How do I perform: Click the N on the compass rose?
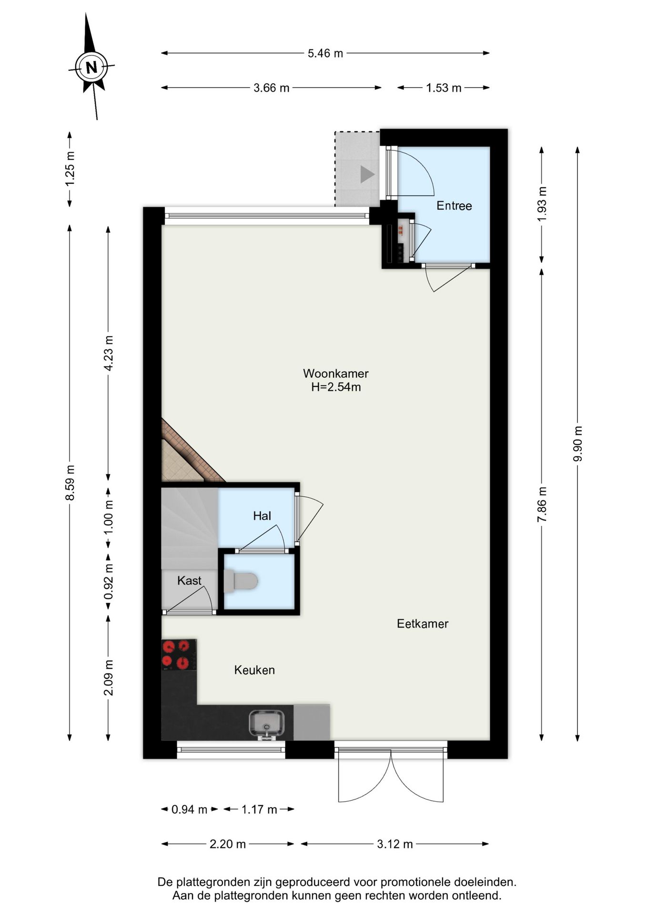pyautogui.click(x=91, y=67)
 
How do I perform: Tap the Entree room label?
pyautogui.click(x=454, y=206)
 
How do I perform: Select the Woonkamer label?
pyautogui.click(x=335, y=373)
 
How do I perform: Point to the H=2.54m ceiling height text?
pyautogui.click(x=336, y=387)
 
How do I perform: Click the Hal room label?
pyautogui.click(x=262, y=516)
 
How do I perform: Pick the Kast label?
pyautogui.click(x=189, y=580)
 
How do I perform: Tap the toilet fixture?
pyautogui.click(x=241, y=581)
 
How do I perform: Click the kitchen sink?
pyautogui.click(x=267, y=724)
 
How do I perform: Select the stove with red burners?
pyautogui.click(x=179, y=655)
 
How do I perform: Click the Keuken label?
pyautogui.click(x=254, y=670)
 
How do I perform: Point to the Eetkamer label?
pyautogui.click(x=423, y=624)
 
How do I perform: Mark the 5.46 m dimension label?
pyautogui.click(x=325, y=53)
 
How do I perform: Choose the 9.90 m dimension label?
pyautogui.click(x=577, y=444)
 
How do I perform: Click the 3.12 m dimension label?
pyautogui.click(x=394, y=844)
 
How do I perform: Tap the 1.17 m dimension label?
pyautogui.click(x=259, y=809)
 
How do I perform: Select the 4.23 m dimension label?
pyautogui.click(x=109, y=353)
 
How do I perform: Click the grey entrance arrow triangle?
pyautogui.click(x=367, y=174)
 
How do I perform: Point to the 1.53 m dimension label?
pyautogui.click(x=444, y=88)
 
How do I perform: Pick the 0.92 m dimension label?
pyautogui.click(x=109, y=582)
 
